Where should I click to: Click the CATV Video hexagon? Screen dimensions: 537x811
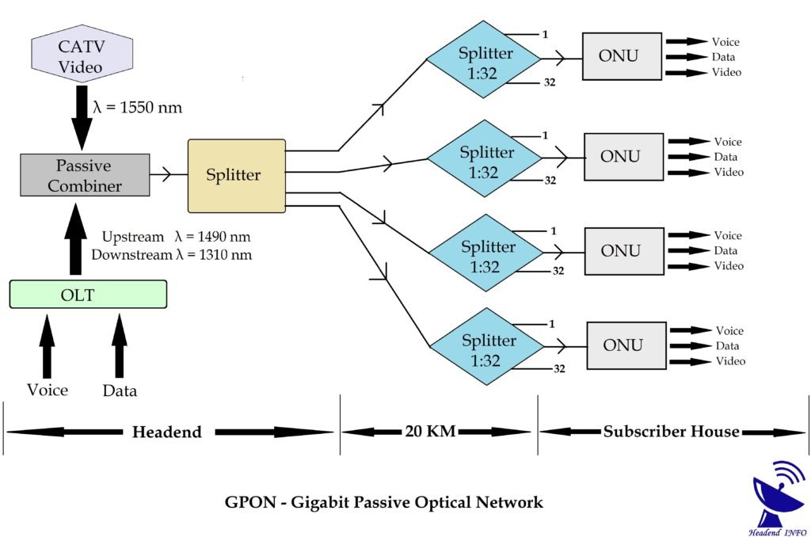(x=81, y=58)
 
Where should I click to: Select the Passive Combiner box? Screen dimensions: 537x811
(x=84, y=176)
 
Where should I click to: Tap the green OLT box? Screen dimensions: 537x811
(x=88, y=295)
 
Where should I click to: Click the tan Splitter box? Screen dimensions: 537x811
(x=236, y=176)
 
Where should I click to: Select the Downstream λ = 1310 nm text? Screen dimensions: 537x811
(x=172, y=254)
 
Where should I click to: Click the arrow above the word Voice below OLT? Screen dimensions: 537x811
(x=48, y=347)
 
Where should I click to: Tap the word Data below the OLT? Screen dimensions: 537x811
(x=120, y=390)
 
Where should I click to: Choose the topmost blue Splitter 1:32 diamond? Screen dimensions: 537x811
(x=484, y=60)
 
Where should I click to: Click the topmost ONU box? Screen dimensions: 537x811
(x=622, y=56)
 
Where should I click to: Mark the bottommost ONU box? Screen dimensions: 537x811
(x=626, y=345)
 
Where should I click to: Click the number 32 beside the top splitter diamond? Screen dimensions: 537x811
(x=549, y=82)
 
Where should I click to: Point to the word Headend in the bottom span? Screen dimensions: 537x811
(x=166, y=432)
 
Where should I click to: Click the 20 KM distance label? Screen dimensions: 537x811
(x=428, y=432)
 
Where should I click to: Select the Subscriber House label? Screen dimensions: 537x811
(x=671, y=432)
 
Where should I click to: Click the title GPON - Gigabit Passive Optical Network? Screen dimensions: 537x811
(x=384, y=502)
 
